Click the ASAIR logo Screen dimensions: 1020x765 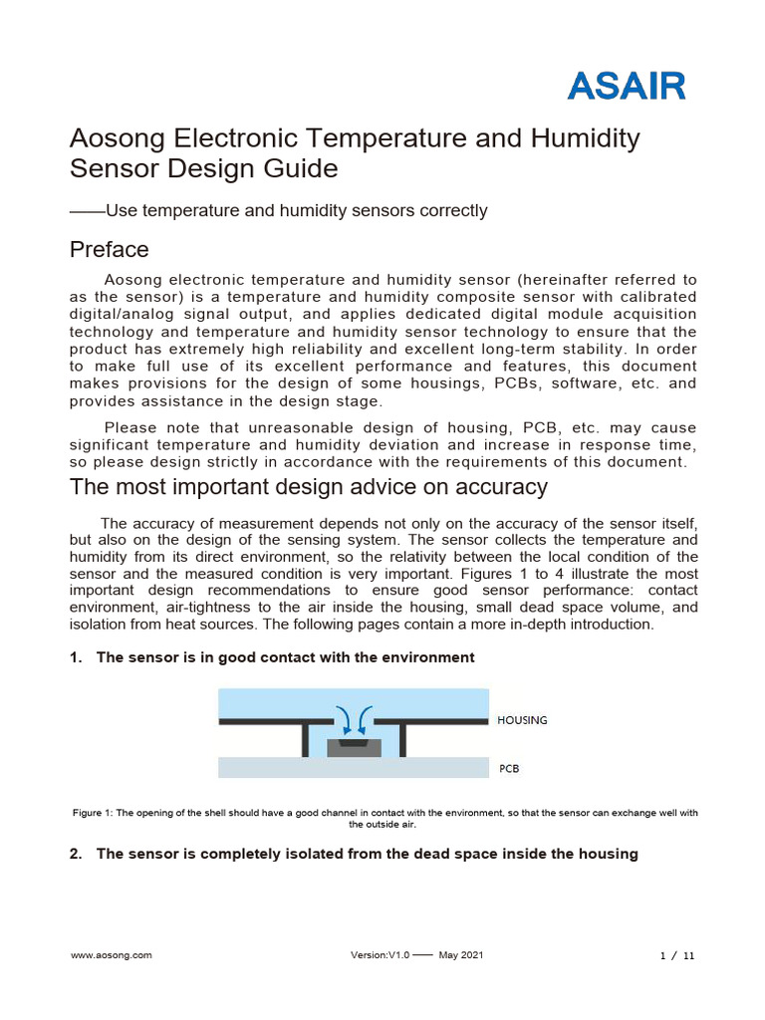(x=627, y=86)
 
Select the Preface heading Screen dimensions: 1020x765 (x=110, y=248)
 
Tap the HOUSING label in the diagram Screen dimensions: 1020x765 (x=522, y=720)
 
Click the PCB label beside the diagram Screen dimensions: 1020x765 (x=508, y=769)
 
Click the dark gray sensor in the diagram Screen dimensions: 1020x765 (x=355, y=747)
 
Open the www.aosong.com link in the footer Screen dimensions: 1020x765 (x=111, y=954)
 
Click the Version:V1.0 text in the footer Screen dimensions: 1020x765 (x=380, y=954)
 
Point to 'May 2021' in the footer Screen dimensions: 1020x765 (x=460, y=954)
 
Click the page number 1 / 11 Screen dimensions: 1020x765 (x=677, y=955)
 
